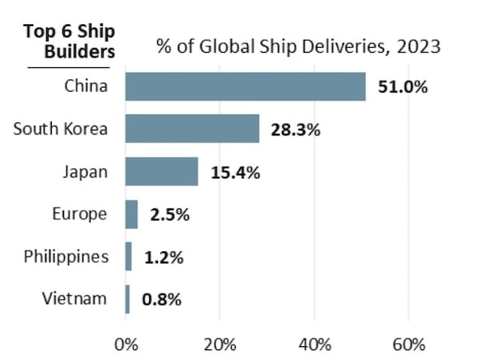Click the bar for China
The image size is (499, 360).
pyautogui.click(x=245, y=86)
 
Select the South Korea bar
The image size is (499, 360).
pyautogui.click(x=192, y=128)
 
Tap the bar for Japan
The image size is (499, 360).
pyautogui.click(x=162, y=171)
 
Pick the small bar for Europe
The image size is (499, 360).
pyautogui.click(x=132, y=215)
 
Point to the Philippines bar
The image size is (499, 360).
pyautogui.click(x=129, y=257)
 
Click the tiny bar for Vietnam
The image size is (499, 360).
pyautogui.click(x=128, y=299)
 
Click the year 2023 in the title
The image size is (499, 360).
pyautogui.click(x=419, y=46)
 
